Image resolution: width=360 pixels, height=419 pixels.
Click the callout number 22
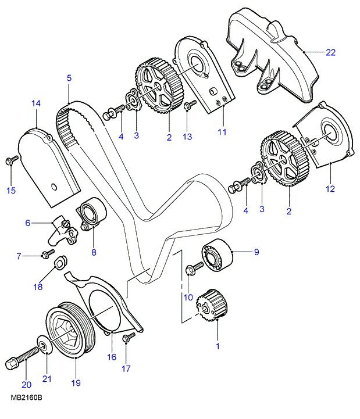(x=330, y=52)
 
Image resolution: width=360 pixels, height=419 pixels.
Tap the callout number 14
(x=36, y=103)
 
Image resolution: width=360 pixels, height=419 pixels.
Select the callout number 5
(x=69, y=77)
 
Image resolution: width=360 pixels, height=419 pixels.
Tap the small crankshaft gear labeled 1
(x=210, y=304)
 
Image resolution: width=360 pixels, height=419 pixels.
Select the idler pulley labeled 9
(x=216, y=254)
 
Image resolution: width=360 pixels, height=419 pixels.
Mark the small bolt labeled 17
(x=128, y=338)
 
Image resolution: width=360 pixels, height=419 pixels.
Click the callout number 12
(x=330, y=188)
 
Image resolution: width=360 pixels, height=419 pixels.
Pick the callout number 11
(x=222, y=132)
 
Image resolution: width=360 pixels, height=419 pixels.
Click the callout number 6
(x=27, y=223)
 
